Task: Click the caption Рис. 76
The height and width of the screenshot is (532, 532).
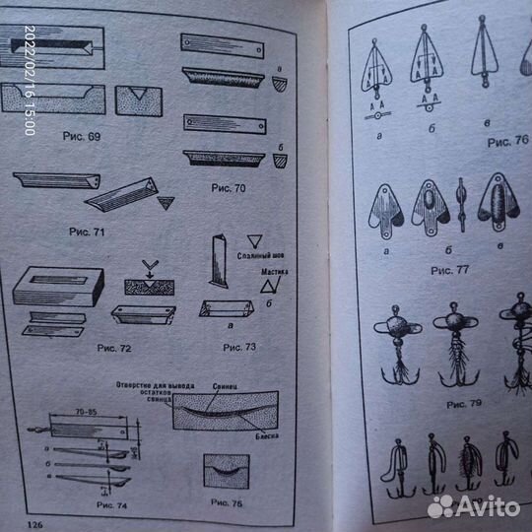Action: (508, 141)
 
